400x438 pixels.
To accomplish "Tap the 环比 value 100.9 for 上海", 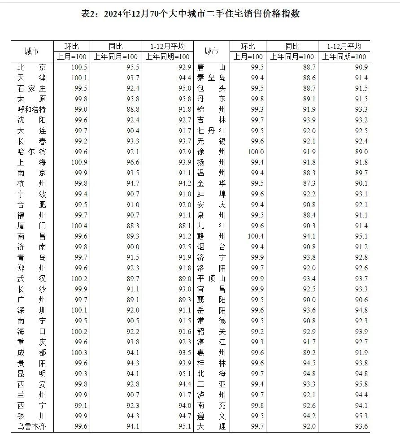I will (79, 162).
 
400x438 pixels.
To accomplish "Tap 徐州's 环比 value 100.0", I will (256, 152).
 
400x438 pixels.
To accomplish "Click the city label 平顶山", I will (211, 279).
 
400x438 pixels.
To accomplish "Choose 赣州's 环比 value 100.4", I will (256, 236).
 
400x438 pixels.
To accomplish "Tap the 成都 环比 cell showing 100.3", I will (79, 352).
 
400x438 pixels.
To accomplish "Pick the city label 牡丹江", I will (211, 131).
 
